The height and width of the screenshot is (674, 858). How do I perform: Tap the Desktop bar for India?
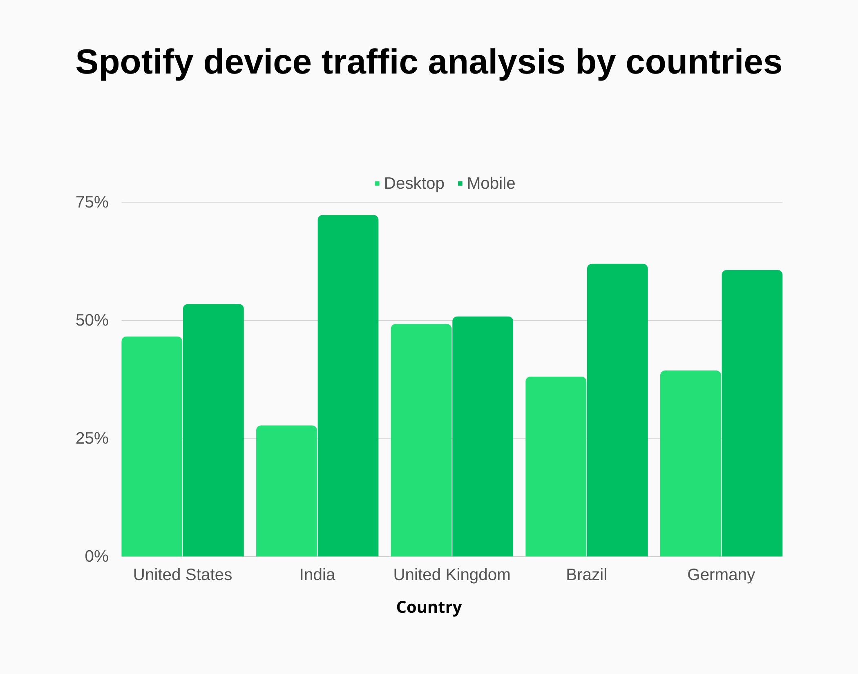point(286,491)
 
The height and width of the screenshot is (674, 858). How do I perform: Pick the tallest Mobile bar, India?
point(348,386)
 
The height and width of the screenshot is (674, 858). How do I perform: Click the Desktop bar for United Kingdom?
point(421,440)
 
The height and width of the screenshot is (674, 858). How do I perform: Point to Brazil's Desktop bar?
point(556,466)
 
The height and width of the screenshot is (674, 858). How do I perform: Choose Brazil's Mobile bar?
point(617,410)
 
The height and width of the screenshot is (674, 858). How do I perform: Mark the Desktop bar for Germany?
point(690,464)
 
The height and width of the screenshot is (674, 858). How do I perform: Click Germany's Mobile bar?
point(752,413)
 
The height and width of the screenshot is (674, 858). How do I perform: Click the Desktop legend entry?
point(410,183)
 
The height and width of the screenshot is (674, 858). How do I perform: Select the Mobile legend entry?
point(487,183)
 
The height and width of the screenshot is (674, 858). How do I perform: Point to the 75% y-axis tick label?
point(92,202)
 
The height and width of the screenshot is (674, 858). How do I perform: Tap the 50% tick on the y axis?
point(92,320)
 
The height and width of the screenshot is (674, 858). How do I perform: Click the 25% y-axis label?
point(92,438)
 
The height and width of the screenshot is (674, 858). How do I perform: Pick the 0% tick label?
point(96,556)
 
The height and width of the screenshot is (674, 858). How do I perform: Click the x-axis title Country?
point(429,607)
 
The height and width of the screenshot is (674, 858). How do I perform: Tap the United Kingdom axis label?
point(452,575)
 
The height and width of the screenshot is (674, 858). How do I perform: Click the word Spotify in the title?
point(134,62)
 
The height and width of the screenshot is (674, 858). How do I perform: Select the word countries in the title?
point(704,62)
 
